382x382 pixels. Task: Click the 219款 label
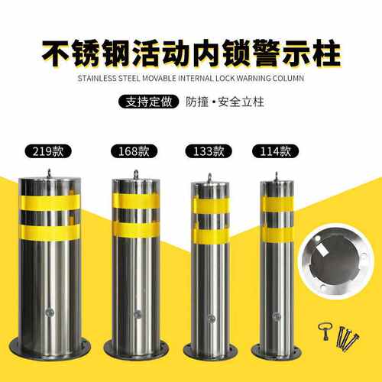pos(48,151)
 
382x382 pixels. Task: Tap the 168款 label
pos(134,151)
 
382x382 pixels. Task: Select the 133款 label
pos(209,151)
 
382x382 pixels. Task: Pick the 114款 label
pos(275,151)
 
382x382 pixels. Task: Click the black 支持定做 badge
pos(149,102)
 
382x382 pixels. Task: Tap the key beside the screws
pos(324,331)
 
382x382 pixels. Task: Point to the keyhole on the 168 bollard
pos(138,315)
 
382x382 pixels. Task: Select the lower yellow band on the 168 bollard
pos(136,230)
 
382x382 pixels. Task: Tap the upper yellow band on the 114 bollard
pos(277,204)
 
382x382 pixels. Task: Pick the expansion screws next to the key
pos(348,338)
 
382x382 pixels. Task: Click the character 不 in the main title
pos(56,53)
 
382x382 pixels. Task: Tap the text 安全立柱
pos(241,102)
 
